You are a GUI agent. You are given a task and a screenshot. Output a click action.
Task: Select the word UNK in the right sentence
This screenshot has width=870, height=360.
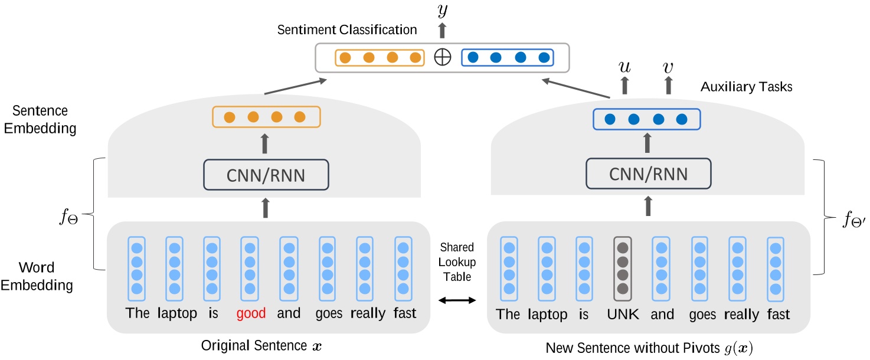(x=623, y=314)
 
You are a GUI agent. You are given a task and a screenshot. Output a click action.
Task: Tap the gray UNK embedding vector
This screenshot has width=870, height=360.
(x=623, y=266)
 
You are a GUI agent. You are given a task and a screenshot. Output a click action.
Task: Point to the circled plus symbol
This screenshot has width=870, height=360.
(x=441, y=57)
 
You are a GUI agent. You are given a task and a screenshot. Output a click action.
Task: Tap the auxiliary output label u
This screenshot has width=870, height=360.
(x=624, y=68)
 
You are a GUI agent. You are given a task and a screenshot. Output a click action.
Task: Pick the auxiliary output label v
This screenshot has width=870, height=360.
(x=668, y=68)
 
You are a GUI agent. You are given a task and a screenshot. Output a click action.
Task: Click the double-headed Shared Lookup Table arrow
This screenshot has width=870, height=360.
(x=457, y=301)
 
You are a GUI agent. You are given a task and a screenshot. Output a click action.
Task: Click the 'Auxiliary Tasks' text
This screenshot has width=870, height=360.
(x=746, y=87)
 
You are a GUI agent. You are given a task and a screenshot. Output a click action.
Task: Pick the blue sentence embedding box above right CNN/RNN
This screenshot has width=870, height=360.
(x=647, y=119)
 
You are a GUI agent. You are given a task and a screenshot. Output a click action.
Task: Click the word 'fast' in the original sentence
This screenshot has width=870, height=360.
(x=404, y=313)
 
